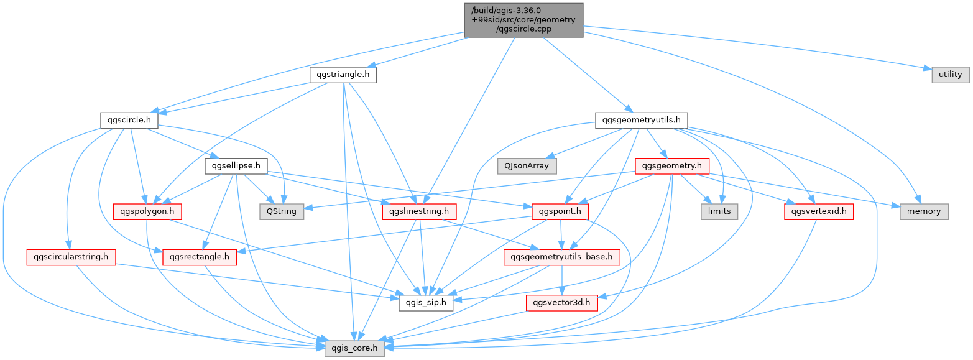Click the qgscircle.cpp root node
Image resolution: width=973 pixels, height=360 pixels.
(x=523, y=20)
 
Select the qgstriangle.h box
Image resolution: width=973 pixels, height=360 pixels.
(x=343, y=75)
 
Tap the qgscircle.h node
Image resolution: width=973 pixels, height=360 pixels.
(x=129, y=120)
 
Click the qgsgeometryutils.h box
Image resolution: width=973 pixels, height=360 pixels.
(x=641, y=120)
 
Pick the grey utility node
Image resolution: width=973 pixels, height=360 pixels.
(x=950, y=75)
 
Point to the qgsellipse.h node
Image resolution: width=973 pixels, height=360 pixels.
(x=236, y=166)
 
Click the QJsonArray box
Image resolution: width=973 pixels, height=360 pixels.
(x=527, y=166)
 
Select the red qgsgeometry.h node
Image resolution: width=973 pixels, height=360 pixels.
(x=671, y=166)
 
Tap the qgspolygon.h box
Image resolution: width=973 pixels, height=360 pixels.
(x=147, y=211)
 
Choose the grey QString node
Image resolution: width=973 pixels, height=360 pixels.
(x=282, y=211)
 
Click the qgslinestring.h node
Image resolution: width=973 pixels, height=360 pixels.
(x=419, y=211)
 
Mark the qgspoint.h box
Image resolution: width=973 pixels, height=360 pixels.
(x=560, y=211)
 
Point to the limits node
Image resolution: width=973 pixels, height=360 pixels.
(x=719, y=211)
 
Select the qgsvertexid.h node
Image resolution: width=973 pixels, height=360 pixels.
(x=819, y=211)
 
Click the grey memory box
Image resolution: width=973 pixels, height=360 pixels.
(x=924, y=211)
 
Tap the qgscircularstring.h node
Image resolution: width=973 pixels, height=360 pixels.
(x=71, y=257)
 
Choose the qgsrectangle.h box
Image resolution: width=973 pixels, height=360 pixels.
(x=200, y=257)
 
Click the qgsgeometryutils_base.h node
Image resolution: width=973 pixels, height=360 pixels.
(x=561, y=257)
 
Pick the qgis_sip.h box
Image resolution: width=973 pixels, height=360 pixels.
(x=426, y=303)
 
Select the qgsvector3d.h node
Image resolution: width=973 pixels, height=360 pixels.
(x=561, y=303)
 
